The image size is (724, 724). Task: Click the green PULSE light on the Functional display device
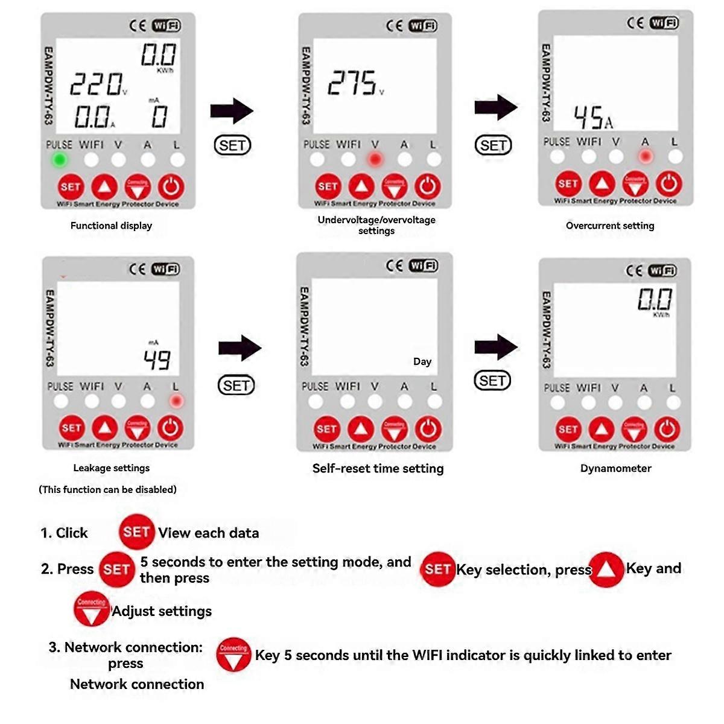tap(59, 160)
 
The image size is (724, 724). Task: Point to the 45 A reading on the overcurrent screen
tap(592, 118)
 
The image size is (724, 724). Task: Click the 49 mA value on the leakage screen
tap(157, 360)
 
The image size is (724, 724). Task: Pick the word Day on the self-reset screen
tap(422, 361)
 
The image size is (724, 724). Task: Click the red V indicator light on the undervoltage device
tap(375, 160)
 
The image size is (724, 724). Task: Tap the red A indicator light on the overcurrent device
tap(646, 157)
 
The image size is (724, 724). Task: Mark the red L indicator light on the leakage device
tap(176, 401)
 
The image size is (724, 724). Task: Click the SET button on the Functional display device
tap(71, 187)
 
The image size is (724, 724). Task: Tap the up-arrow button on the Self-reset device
tap(361, 429)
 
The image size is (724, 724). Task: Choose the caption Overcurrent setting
tap(610, 226)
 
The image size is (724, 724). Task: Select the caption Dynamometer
tap(615, 468)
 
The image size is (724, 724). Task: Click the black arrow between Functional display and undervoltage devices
tap(232, 111)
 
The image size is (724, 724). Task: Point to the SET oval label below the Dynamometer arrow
tap(492, 381)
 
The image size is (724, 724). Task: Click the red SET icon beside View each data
tap(136, 532)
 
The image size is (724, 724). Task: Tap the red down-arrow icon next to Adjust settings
tap(92, 609)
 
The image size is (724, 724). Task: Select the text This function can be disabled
tap(107, 489)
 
